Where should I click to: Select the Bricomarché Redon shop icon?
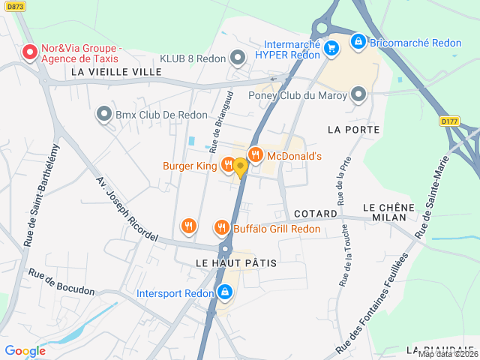(358, 42)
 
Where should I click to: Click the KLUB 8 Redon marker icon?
(238, 58)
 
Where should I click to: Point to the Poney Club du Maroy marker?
(358, 94)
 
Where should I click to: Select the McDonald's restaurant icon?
(256, 155)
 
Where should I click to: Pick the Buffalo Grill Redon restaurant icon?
(221, 227)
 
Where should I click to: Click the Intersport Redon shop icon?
(224, 292)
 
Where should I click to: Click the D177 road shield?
(449, 120)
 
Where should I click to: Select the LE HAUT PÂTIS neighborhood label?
(236, 263)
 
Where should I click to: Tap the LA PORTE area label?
(354, 130)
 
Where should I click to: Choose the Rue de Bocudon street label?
(62, 281)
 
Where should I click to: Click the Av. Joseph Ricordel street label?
(127, 209)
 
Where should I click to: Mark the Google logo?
(25, 350)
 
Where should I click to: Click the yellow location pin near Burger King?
(240, 166)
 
